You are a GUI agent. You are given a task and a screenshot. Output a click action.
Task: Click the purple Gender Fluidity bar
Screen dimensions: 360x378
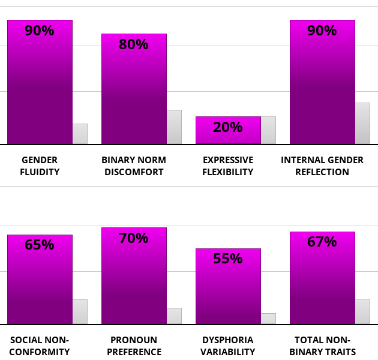click(40, 90)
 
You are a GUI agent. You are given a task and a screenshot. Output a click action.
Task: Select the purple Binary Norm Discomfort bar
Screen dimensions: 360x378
click(134, 96)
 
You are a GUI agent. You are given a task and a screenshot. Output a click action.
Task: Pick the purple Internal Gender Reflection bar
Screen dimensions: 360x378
click(322, 90)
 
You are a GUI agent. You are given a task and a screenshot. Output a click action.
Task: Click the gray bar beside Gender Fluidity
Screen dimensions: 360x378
click(80, 134)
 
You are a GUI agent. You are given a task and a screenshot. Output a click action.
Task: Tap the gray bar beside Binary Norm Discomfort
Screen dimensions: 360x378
click(174, 127)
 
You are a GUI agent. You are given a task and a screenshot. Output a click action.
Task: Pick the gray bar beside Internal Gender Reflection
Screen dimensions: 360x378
click(362, 124)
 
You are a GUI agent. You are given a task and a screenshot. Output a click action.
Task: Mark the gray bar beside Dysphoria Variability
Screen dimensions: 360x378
click(268, 319)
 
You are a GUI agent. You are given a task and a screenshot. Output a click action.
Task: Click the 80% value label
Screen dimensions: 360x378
click(134, 44)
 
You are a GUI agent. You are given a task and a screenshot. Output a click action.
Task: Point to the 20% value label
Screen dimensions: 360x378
click(228, 127)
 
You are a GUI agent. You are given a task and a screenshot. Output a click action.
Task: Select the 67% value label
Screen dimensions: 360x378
click(322, 242)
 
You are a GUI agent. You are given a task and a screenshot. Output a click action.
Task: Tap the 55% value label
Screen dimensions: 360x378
click(228, 259)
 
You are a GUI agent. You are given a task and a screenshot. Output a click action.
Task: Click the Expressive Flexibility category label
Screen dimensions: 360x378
click(228, 166)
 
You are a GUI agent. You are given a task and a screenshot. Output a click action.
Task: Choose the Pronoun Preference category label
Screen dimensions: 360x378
click(134, 346)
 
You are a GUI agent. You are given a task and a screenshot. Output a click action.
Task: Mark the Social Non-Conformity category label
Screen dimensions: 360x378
click(40, 346)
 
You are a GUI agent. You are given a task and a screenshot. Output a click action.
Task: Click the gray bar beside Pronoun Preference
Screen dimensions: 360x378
click(174, 316)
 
